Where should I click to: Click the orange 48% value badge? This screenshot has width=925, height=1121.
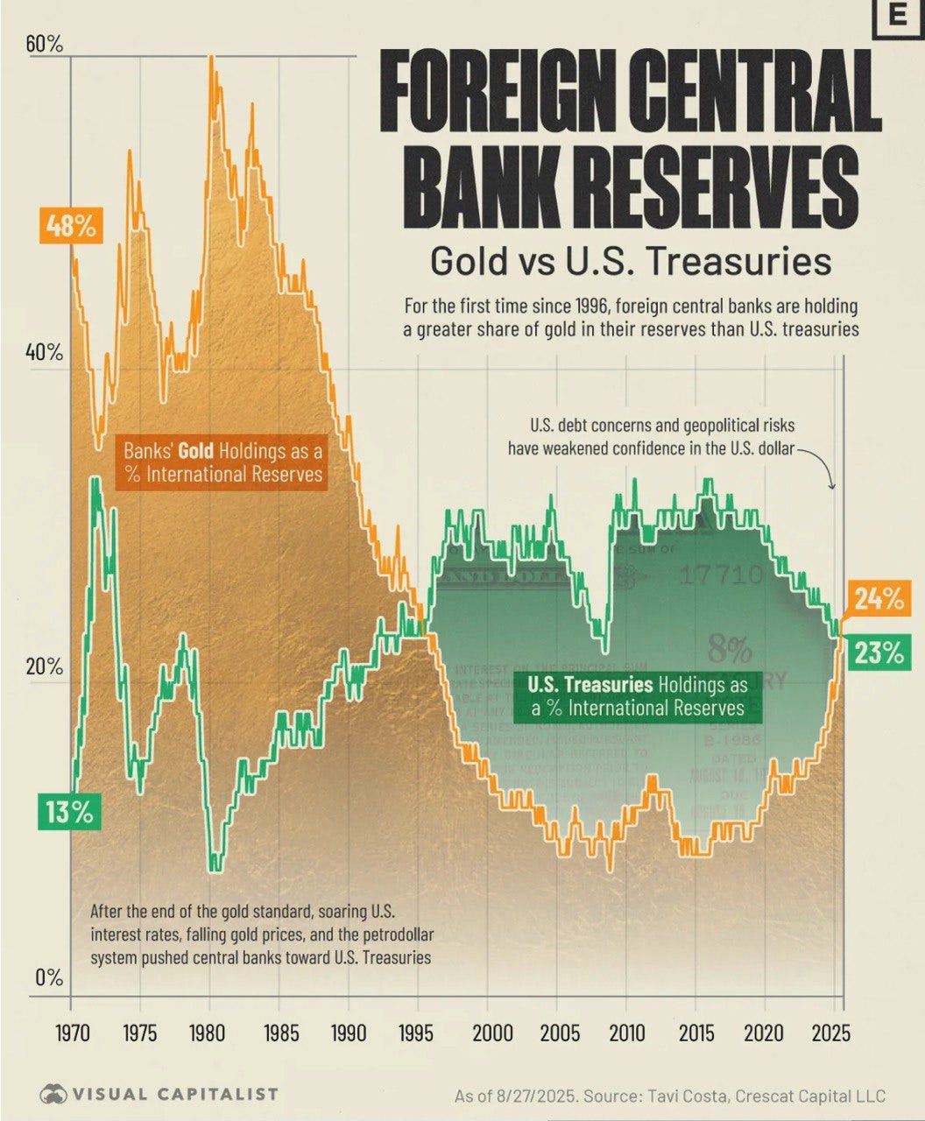[x=71, y=226]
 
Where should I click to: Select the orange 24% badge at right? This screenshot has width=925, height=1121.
[x=879, y=600]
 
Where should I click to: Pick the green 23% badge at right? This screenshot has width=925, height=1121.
[x=879, y=653]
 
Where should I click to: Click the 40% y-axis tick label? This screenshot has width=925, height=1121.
[x=45, y=353]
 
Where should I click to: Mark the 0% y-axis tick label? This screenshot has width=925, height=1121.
[x=49, y=977]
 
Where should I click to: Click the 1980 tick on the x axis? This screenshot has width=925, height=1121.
[x=208, y=1033]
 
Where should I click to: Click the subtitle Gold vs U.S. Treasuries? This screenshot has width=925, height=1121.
[x=630, y=260]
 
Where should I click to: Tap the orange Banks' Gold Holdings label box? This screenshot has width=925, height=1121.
[x=222, y=462]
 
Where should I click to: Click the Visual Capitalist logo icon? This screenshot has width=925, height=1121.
[x=54, y=1094]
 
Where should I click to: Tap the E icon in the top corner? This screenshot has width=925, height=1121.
[x=898, y=15]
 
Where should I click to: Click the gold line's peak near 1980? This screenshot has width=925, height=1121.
[x=211, y=58]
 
